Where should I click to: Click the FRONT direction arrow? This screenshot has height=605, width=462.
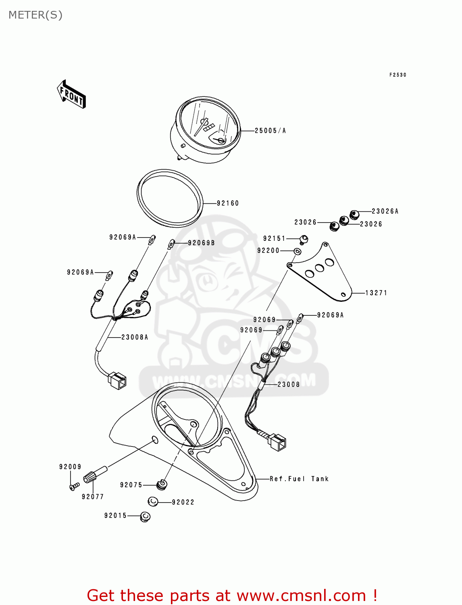(72, 94)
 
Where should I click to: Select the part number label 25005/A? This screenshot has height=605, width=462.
(270, 131)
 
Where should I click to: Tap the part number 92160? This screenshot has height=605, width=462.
(228, 203)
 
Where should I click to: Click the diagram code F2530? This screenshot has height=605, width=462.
(397, 75)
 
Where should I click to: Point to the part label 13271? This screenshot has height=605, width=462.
(376, 293)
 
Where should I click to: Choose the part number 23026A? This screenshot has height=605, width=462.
(385, 211)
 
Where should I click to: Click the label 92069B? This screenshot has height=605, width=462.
(201, 243)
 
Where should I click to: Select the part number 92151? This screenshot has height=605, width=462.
(274, 239)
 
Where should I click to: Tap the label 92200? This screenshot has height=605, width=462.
(268, 250)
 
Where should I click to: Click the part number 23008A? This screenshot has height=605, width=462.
(135, 337)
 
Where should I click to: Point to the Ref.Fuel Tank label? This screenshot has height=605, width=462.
(299, 479)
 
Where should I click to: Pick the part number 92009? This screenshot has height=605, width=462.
(70, 467)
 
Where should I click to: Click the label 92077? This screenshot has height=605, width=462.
(93, 497)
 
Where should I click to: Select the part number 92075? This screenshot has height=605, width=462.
(131, 485)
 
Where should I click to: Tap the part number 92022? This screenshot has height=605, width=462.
(183, 502)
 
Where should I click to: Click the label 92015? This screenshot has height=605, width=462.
(115, 515)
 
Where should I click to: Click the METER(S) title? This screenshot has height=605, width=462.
(35, 15)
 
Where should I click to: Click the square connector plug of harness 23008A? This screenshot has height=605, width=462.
(117, 380)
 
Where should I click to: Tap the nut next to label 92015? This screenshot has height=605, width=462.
(145, 516)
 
